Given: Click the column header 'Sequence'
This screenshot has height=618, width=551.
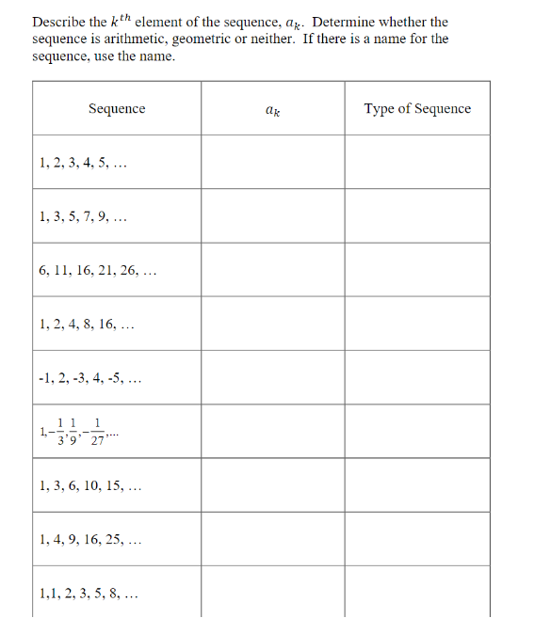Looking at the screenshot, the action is [x=117, y=109].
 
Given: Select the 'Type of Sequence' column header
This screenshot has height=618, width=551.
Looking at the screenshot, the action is [x=417, y=109].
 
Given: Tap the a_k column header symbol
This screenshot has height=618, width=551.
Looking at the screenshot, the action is [x=272, y=110].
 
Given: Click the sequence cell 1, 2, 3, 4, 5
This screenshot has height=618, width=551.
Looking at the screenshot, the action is [x=84, y=163].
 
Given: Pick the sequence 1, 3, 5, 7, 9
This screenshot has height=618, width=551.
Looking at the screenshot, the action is [x=84, y=216].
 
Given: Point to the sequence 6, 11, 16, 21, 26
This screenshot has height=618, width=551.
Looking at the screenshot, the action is [x=97, y=271].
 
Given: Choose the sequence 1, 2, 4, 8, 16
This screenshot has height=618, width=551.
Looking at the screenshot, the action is [x=88, y=325].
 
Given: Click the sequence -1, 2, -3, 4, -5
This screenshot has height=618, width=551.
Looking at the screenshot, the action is [x=90, y=379].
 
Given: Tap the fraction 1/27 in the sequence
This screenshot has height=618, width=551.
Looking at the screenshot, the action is [x=98, y=435].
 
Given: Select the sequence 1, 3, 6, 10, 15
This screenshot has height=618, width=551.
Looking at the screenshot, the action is [x=91, y=486].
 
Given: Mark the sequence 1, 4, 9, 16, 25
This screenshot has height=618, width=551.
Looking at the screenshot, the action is [x=91, y=540].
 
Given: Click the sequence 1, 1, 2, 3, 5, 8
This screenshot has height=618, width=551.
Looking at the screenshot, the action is [x=89, y=594].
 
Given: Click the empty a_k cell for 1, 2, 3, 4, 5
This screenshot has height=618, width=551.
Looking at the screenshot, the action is [x=272, y=162].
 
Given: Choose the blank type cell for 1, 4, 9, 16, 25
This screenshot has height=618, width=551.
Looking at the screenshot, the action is [x=417, y=539].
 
